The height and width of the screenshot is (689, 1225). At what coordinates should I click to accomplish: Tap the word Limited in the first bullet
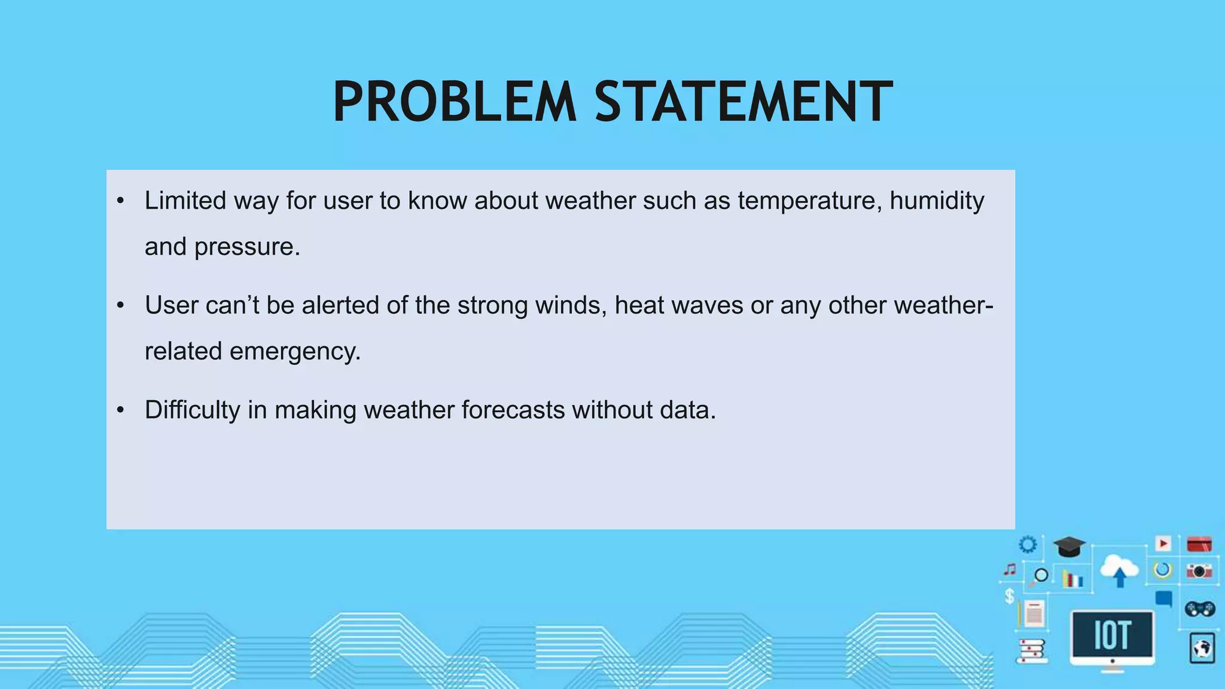click(185, 200)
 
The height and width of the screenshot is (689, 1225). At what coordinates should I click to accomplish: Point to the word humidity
click(937, 200)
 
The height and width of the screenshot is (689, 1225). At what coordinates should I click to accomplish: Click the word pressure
click(247, 246)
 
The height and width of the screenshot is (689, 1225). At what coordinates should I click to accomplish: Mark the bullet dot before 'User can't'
click(120, 305)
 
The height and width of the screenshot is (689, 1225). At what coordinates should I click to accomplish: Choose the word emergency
click(295, 351)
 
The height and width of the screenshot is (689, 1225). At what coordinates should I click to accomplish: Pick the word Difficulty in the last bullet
click(192, 410)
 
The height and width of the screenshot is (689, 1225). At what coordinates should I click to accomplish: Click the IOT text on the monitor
click(1112, 635)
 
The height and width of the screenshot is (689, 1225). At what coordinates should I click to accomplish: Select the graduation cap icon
click(1069, 546)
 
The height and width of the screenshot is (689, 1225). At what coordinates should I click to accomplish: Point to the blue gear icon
click(1028, 544)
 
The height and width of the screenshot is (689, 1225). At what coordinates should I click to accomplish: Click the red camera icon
click(1199, 571)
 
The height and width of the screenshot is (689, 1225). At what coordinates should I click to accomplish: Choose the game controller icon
click(1199, 609)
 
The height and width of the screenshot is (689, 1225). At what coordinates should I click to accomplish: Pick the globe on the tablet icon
click(1202, 648)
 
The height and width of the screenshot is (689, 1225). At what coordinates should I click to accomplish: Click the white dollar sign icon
click(1010, 596)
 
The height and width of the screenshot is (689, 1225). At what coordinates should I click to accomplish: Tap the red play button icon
click(1163, 543)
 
